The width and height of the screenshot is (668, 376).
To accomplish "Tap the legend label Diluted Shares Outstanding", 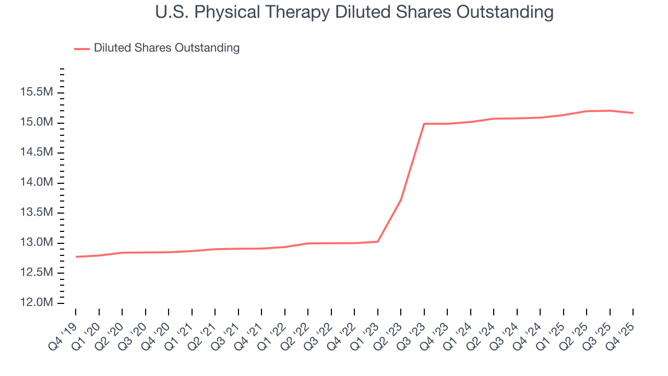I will point(166,48).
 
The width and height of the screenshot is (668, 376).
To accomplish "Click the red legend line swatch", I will point(82,49).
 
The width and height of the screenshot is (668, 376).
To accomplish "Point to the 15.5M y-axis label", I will point(37,92).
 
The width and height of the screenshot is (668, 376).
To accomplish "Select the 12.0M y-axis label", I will point(37,303).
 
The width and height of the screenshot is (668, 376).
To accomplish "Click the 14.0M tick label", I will point(37,183).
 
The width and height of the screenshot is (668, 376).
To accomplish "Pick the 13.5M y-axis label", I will point(37,213).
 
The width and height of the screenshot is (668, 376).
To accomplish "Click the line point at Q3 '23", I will point(424,124).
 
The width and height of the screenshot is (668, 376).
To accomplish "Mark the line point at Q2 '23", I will point(401,199).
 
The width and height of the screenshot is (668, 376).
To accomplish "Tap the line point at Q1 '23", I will point(377,241).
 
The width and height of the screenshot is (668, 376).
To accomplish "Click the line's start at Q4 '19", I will point(76,257).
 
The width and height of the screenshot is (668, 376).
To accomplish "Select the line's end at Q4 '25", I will point(633,113).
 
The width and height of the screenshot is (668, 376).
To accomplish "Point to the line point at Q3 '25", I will point(610,111).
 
